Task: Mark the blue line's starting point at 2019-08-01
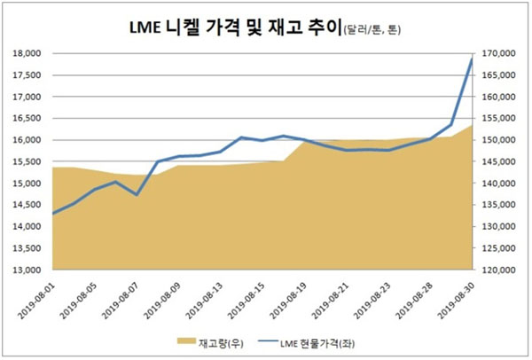point(53,214)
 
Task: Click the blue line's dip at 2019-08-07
point(137,194)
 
